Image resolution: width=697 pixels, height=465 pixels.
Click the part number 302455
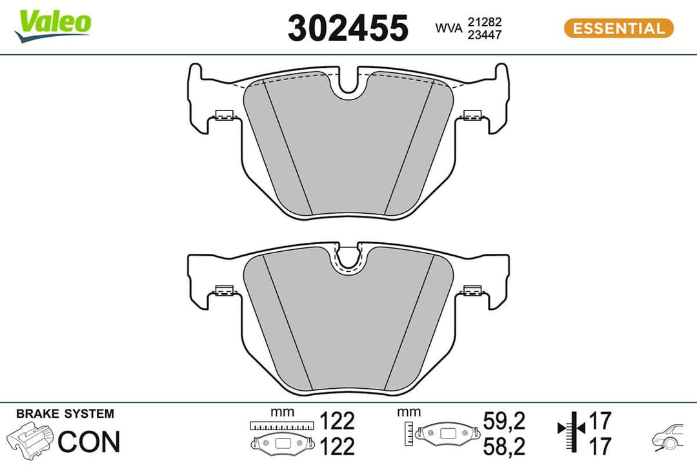pos(348,28)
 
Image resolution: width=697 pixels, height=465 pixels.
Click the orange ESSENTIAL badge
pos(618,28)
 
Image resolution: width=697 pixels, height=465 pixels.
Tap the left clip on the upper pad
pos(224,116)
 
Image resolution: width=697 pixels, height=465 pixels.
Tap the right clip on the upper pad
pos(473,116)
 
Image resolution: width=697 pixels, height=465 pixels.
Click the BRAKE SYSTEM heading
pos(65,413)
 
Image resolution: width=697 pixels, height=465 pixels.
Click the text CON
pos(89,442)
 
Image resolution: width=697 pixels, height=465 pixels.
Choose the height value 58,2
pos(504,446)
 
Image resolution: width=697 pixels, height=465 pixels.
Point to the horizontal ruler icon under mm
pos(282,425)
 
